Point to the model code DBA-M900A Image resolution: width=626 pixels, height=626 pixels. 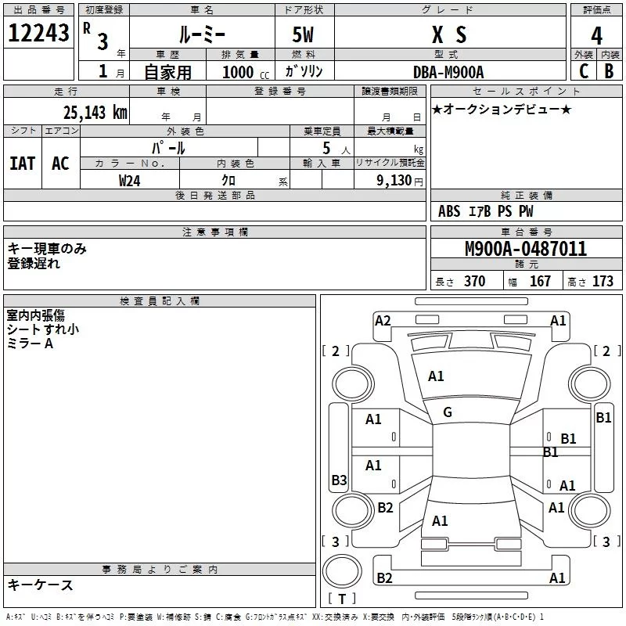[x=448, y=71]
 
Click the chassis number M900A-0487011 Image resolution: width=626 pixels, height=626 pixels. [x=526, y=249]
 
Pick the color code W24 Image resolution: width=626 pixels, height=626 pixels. [x=130, y=180]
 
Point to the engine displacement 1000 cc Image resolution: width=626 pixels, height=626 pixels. [x=245, y=72]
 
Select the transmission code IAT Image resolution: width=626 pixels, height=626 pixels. [x=22, y=163]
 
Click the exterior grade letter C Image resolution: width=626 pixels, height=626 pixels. [x=583, y=71]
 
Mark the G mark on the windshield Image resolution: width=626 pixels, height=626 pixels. [x=448, y=412]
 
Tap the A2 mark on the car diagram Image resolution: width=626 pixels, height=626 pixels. [x=383, y=320]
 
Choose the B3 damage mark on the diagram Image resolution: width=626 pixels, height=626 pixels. [x=339, y=480]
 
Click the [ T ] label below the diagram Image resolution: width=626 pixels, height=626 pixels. [x=341, y=599]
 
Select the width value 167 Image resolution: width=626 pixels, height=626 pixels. [x=540, y=281]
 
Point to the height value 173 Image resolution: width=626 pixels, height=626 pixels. [x=603, y=281]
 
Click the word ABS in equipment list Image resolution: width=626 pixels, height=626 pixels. [x=449, y=211]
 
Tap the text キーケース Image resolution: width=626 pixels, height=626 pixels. [x=40, y=585]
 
